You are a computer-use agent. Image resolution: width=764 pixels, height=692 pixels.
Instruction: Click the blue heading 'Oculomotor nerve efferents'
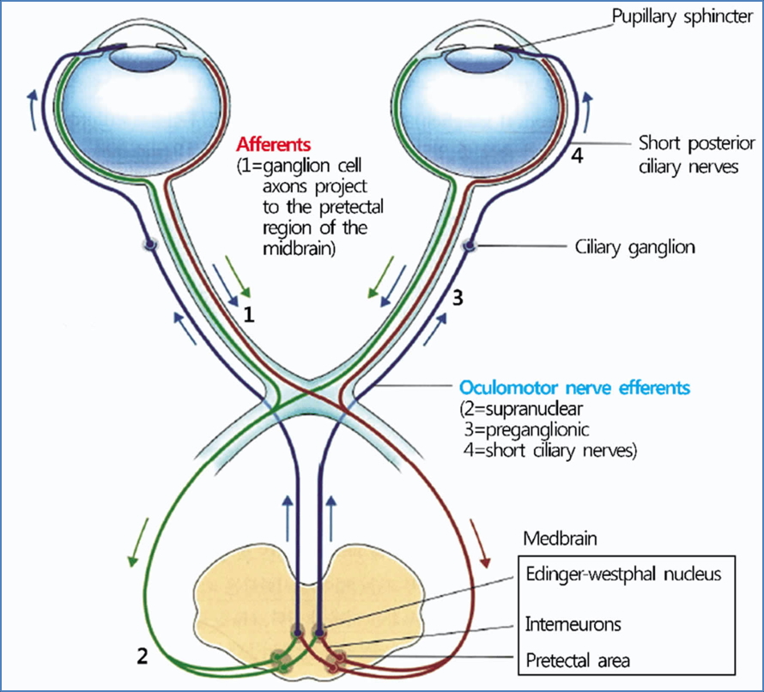[574, 388]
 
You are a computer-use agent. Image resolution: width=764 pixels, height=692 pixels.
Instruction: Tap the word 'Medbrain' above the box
[559, 539]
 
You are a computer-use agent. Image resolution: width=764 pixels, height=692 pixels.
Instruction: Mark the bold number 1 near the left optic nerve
[249, 314]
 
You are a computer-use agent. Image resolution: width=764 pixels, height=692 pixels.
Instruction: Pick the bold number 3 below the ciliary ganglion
[458, 298]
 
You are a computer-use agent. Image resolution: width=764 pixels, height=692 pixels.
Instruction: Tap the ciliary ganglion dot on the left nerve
[151, 245]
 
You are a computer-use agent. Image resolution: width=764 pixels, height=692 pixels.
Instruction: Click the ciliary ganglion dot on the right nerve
[470, 246]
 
